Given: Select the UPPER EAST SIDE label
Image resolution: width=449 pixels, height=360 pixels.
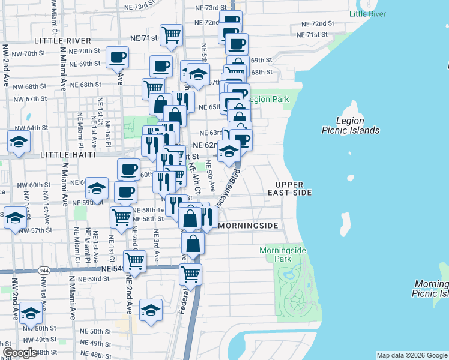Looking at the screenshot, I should (x=294, y=188).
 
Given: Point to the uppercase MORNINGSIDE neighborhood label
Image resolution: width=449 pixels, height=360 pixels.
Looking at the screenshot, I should (x=249, y=226).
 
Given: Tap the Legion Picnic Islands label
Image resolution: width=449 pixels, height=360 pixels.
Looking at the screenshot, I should (x=358, y=125).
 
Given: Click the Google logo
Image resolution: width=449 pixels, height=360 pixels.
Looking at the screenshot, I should (x=20, y=353).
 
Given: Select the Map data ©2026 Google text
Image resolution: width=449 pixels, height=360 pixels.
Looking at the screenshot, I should (x=412, y=355).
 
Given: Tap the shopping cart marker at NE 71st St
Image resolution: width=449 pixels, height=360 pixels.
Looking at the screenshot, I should (x=172, y=35).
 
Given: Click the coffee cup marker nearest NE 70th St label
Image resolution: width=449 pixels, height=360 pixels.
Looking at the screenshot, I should (x=118, y=57).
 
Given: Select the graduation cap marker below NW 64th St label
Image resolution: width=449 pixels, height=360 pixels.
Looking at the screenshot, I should (x=19, y=143).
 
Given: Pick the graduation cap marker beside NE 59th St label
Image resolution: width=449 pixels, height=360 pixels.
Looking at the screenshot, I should (x=97, y=188).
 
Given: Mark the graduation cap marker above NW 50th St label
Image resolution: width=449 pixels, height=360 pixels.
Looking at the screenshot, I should (x=31, y=313).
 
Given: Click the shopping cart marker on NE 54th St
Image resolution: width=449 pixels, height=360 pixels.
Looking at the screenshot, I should (x=135, y=261).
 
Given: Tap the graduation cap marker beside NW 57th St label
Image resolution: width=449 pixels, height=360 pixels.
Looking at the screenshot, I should (x=14, y=217).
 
